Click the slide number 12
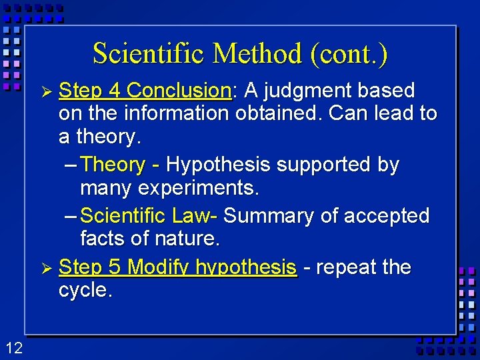pyautogui.click(x=14, y=347)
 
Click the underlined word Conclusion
pyautogui.click(x=179, y=90)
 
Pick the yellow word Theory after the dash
pyautogui.click(x=113, y=165)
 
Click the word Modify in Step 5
pyautogui.click(x=157, y=268)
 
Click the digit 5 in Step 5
pyautogui.click(x=115, y=267)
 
